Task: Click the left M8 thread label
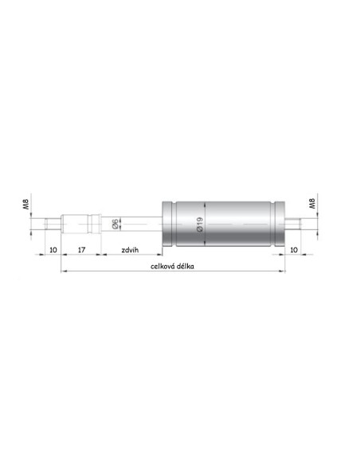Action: click(x=26, y=205)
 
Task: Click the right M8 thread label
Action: click(x=312, y=204)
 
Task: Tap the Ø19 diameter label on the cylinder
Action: click(x=200, y=225)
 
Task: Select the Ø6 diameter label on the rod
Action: click(x=115, y=224)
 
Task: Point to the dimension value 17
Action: click(x=81, y=250)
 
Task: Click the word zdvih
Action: click(x=130, y=250)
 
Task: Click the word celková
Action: click(x=162, y=266)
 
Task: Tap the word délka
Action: click(x=186, y=266)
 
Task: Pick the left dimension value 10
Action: click(x=53, y=250)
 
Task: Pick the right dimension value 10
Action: click(x=294, y=250)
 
